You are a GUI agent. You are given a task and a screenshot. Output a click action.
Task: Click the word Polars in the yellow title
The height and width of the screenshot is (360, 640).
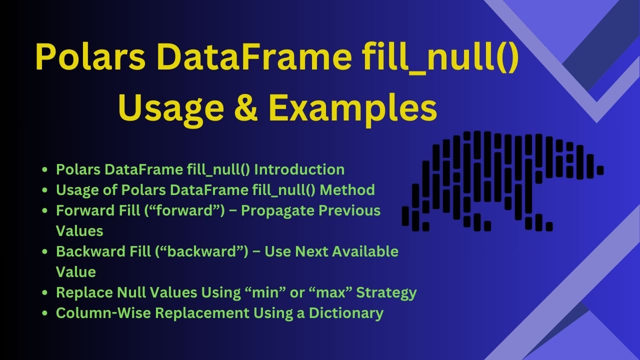(x=90, y=56)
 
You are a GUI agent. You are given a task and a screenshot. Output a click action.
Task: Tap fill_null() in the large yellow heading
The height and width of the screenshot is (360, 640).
(x=440, y=56)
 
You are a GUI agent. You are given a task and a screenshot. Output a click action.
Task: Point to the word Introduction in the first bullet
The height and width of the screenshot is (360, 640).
(x=299, y=169)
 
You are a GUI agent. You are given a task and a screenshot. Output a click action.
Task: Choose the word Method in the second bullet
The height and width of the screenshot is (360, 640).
(x=347, y=189)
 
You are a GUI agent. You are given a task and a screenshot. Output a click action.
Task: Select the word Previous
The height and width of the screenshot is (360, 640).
(x=349, y=210)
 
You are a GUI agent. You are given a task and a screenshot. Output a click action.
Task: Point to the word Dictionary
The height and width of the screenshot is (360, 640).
(x=346, y=313)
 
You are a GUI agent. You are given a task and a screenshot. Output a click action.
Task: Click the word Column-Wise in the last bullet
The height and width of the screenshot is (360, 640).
(x=103, y=313)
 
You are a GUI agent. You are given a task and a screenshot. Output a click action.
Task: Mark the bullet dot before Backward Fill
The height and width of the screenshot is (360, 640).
(x=44, y=251)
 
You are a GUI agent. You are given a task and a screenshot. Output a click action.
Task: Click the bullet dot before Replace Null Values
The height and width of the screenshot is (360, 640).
(x=44, y=292)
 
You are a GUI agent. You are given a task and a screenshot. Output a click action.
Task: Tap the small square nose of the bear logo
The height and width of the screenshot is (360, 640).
(x=600, y=170)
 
